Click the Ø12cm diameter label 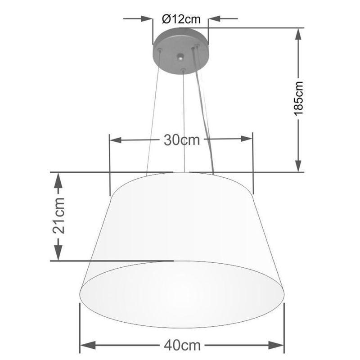coord(180,19)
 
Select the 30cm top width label coord(181,140)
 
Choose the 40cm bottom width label coord(181,346)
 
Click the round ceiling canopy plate coord(180,49)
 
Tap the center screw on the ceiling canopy coord(180,58)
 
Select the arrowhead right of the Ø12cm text coord(213,19)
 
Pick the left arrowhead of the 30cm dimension coord(116,140)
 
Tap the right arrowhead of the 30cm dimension coord(246,140)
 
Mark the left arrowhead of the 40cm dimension coord(86,346)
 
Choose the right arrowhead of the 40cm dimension coord(277,346)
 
